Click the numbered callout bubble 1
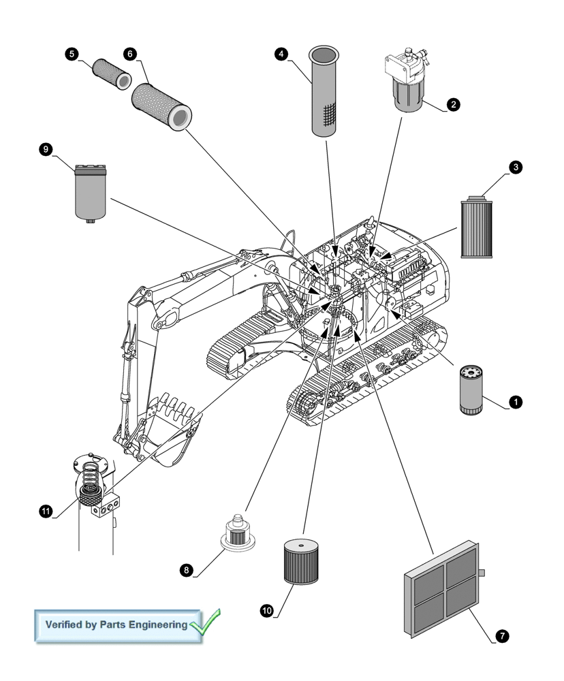click(516, 402)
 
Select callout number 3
click(516, 167)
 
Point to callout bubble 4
click(281, 54)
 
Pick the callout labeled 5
click(72, 54)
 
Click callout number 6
click(129, 54)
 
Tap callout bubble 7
click(502, 636)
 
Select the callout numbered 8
click(186, 571)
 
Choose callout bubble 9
click(46, 150)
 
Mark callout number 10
click(267, 611)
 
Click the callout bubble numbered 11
click(46, 511)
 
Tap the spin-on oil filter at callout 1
click(472, 390)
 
